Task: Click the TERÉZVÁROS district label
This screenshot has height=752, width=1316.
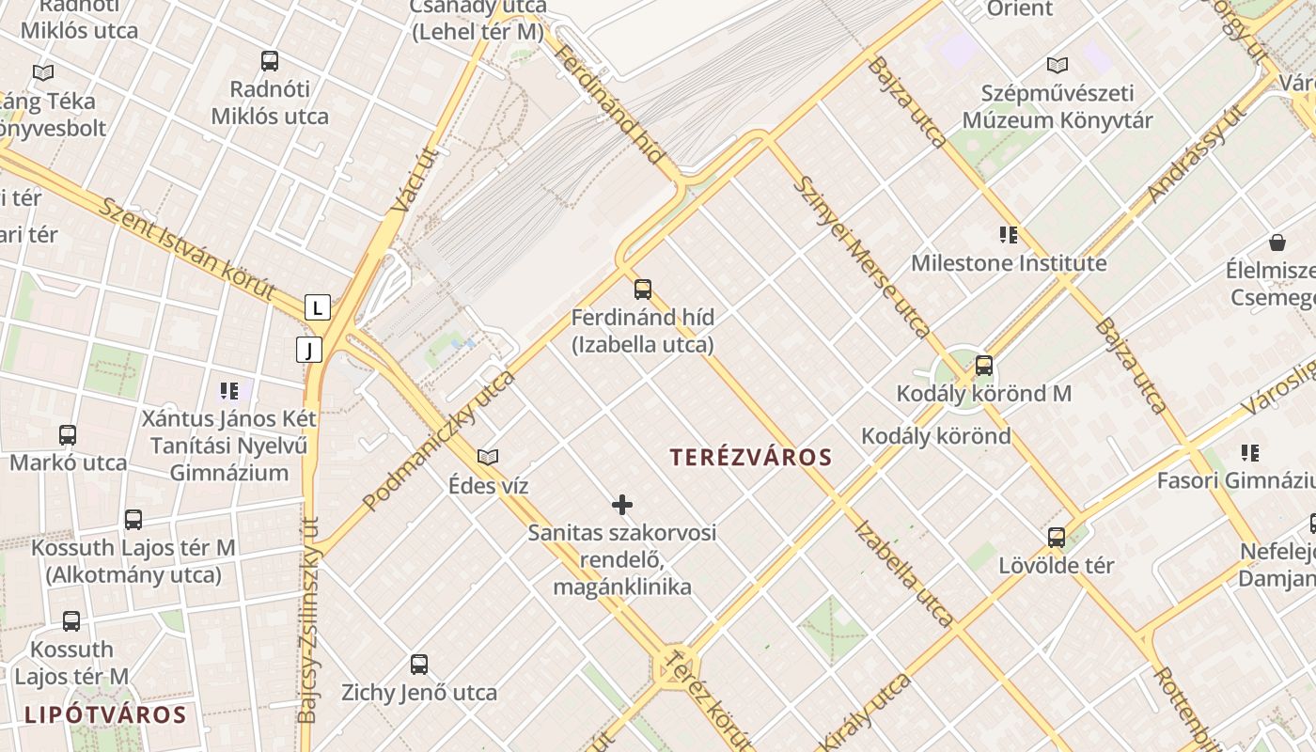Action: [x=751, y=458]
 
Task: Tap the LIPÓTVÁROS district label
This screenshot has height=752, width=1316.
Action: [x=105, y=714]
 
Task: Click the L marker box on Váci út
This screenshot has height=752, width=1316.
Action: [x=318, y=307]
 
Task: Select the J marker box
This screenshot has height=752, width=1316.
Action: [x=308, y=350]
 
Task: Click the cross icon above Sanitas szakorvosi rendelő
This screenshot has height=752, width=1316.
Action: [x=622, y=505]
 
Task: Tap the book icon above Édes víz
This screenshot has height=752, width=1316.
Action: [x=488, y=457]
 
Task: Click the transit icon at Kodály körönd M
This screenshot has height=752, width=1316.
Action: [x=984, y=365]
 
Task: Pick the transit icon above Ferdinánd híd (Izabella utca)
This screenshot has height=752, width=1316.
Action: [x=643, y=289]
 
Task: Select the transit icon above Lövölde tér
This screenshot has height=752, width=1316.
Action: [x=1057, y=537]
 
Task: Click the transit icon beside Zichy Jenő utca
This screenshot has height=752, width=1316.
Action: [x=419, y=664]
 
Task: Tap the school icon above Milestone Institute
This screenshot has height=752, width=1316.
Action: [x=1009, y=234]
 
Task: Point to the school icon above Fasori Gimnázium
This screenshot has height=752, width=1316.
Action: [x=1250, y=452]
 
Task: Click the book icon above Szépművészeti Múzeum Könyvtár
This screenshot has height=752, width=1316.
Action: [x=1057, y=65]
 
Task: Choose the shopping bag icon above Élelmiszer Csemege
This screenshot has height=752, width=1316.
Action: [x=1277, y=243]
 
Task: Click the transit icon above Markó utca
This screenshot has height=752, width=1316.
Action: [x=68, y=434]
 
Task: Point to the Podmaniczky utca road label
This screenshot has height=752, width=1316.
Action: [x=440, y=440]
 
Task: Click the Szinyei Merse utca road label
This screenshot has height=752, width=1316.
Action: [x=861, y=257]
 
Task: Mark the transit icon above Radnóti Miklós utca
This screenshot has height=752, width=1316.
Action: [x=270, y=61]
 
